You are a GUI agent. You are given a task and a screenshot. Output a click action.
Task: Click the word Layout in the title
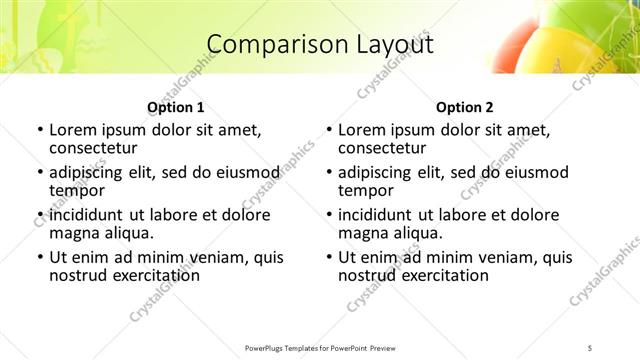[x=393, y=44]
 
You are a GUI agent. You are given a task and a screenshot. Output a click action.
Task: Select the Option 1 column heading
[x=176, y=107]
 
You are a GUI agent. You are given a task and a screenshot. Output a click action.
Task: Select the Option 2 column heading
[x=465, y=107]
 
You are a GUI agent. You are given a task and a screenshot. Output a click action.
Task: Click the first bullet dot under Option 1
[x=39, y=130]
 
